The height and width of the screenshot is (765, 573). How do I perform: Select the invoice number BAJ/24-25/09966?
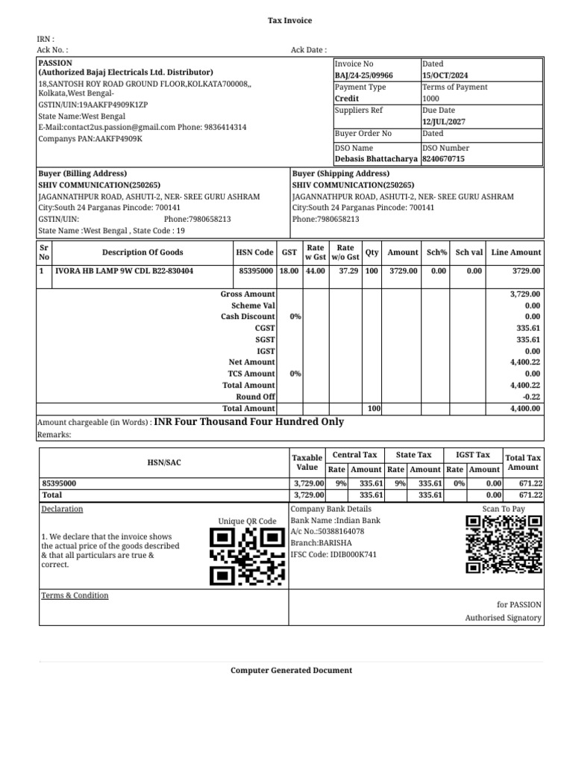point(364,75)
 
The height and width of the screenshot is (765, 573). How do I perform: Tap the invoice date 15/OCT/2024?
point(445,75)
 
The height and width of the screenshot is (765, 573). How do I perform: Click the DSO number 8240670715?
point(443,159)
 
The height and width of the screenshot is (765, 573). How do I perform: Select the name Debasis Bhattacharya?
point(376,159)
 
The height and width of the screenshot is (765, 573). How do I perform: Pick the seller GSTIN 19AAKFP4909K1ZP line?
point(93,105)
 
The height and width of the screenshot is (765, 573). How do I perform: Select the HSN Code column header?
point(254,253)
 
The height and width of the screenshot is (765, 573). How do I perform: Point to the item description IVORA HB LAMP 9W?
point(124,271)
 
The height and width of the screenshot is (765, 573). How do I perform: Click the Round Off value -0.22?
point(530,397)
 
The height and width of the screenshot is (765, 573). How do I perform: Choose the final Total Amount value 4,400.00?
point(525,409)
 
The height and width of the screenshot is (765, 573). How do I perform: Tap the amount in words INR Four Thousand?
point(248,422)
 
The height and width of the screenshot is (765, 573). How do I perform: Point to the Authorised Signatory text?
point(504,618)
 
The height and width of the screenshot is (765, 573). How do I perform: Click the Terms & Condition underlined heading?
point(75,595)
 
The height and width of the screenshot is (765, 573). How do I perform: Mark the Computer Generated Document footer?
point(291,670)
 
